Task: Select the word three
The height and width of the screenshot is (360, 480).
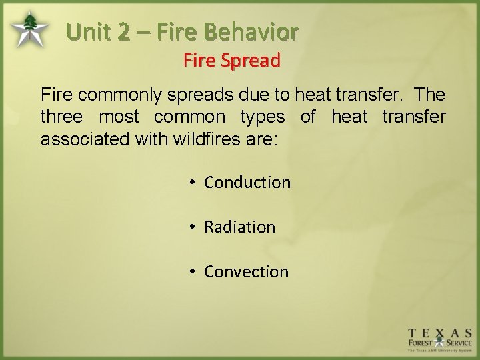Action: [x=61, y=117]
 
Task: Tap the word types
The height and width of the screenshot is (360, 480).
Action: [x=262, y=117]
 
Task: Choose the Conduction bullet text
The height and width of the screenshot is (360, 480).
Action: [x=247, y=182]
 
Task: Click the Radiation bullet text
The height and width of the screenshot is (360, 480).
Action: [x=239, y=227]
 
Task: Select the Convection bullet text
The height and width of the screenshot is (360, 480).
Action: [x=246, y=271]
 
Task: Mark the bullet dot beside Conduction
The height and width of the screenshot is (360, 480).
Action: [x=191, y=182]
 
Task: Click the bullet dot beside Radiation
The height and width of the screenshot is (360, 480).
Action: [x=191, y=227]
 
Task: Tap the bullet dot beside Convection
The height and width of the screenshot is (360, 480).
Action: [x=191, y=271]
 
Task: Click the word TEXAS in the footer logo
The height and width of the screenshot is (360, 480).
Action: [x=440, y=333]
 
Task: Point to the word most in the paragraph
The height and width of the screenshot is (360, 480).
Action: [x=119, y=117]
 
